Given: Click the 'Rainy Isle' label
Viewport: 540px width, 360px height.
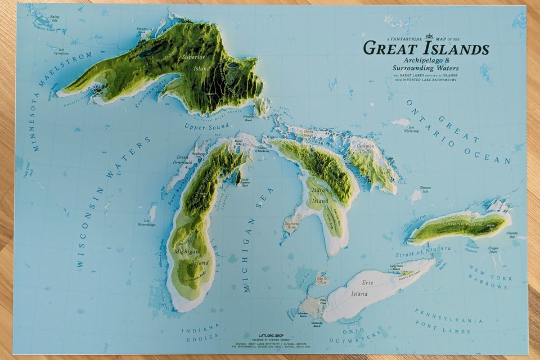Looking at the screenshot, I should (x=54, y=19).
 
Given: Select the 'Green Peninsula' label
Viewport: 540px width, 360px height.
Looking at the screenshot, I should (x=182, y=160).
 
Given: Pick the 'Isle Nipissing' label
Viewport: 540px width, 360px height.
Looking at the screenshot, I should (x=412, y=130).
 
